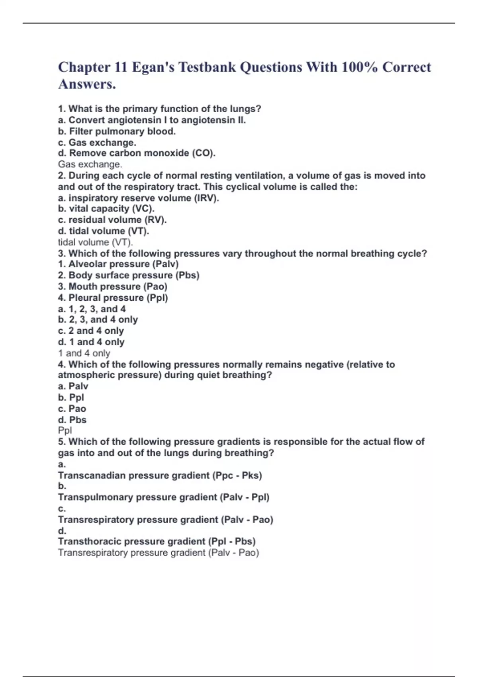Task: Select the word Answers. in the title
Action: pos(87,84)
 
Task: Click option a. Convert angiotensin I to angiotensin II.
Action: pos(152,120)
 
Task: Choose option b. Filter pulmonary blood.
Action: pos(117,131)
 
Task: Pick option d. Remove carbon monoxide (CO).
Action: pos(137,153)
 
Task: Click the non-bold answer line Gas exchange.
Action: pos(90,164)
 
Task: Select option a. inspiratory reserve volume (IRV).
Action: pos(139,198)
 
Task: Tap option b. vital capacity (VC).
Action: pos(106,208)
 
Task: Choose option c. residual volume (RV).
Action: pos(112,219)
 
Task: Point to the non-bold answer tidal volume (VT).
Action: pos(96,242)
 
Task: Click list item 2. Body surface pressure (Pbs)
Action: pos(128,275)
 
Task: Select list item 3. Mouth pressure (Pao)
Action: pos(112,286)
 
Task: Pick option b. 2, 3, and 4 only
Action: pos(98,319)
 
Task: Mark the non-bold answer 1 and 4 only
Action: pos(84,353)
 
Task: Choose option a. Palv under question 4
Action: pos(73,386)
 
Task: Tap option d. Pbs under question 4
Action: pos(72,420)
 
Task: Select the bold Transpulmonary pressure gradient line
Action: pos(164,497)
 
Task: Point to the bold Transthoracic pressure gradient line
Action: pos(157,541)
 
